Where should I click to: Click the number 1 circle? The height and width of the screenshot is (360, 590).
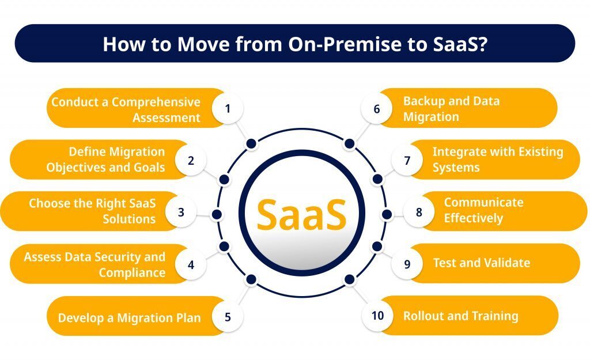click(228, 108)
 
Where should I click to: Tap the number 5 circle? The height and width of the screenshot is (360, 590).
click(228, 316)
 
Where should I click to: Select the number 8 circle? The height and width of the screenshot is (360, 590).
click(419, 212)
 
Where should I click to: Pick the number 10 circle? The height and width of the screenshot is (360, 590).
click(377, 316)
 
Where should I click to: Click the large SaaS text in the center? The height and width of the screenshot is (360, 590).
click(301, 214)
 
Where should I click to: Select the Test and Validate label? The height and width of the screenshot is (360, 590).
click(481, 263)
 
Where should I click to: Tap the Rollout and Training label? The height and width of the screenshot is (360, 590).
click(460, 316)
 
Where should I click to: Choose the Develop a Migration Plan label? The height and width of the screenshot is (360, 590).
click(129, 317)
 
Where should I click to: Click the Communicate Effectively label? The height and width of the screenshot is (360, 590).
click(483, 210)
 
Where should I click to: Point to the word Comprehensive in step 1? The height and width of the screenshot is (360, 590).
click(156, 102)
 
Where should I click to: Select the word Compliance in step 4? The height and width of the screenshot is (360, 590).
click(132, 272)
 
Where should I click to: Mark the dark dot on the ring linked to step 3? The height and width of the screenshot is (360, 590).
click(217, 214)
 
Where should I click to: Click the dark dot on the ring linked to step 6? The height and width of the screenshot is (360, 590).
click(349, 144)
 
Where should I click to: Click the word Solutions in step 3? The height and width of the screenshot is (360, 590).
click(129, 219)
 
